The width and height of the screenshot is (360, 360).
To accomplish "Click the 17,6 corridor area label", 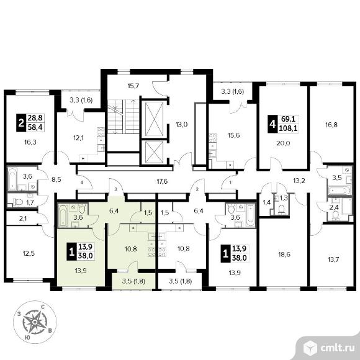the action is pos(162,182).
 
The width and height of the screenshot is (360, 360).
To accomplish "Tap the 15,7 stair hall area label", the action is pos(133,86).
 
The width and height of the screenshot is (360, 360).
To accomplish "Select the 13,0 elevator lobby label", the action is pos(182,125).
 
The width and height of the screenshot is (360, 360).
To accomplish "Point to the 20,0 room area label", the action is pos(283,143).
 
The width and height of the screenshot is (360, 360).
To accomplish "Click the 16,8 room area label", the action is pos(331,125).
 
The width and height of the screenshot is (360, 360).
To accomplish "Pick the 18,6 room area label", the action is pos(284,254).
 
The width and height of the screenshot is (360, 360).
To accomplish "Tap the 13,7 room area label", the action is pos(333,259).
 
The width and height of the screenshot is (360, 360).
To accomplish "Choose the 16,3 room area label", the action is pos(30,142).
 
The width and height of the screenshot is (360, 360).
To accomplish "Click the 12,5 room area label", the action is pos(29,253).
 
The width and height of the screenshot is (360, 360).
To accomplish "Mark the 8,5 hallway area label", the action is pos(56,179).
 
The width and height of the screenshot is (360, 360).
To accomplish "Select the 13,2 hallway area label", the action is pos(299,181).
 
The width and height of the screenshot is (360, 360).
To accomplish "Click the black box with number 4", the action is pos(272,124).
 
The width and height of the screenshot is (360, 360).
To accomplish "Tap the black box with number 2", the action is pos(21,123).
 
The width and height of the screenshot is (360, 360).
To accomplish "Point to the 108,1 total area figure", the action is pos(288,128).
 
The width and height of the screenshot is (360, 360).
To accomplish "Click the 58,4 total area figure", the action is pos(35,127).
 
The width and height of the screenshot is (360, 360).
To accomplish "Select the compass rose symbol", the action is pos(35,322).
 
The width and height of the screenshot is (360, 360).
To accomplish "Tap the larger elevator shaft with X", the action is pos(155,119).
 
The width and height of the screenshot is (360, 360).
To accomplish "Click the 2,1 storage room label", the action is pos(22,219).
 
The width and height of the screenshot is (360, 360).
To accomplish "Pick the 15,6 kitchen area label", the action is pos(233,135).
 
